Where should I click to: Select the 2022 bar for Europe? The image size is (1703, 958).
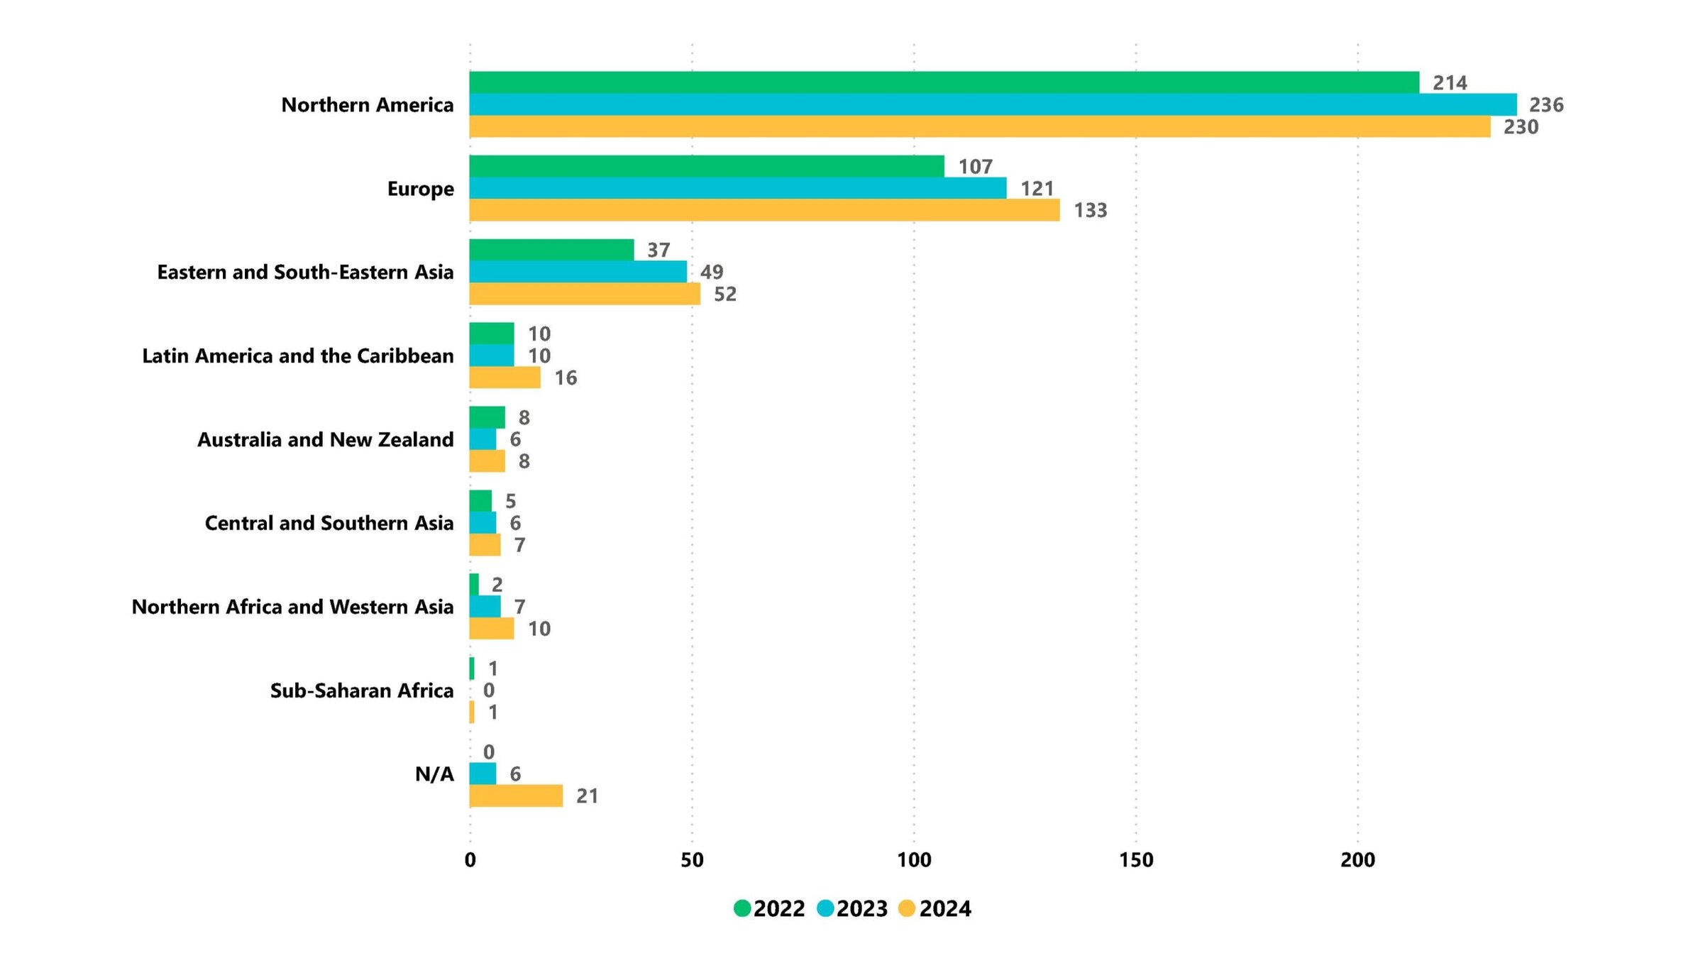(706, 166)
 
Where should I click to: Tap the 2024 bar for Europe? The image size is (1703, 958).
(764, 210)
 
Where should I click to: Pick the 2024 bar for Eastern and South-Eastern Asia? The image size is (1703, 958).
(584, 294)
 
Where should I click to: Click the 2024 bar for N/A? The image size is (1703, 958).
(516, 795)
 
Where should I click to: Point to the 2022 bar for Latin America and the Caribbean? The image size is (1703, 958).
(491, 334)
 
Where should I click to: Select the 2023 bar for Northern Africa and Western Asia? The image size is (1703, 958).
(485, 607)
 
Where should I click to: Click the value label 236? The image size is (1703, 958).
(1546, 105)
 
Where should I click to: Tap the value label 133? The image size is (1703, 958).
(1090, 211)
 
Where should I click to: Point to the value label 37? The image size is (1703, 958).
(658, 250)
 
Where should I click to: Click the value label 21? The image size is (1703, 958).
(587, 796)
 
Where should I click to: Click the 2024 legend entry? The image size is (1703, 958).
(935, 908)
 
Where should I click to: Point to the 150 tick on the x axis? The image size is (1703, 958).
(1135, 860)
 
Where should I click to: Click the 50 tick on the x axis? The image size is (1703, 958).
(692, 860)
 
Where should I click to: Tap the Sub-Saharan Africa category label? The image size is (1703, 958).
(361, 690)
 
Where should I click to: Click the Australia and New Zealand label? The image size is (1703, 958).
(325, 440)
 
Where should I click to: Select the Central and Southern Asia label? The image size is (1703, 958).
(329, 523)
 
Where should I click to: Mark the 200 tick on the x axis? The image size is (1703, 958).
(1357, 860)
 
